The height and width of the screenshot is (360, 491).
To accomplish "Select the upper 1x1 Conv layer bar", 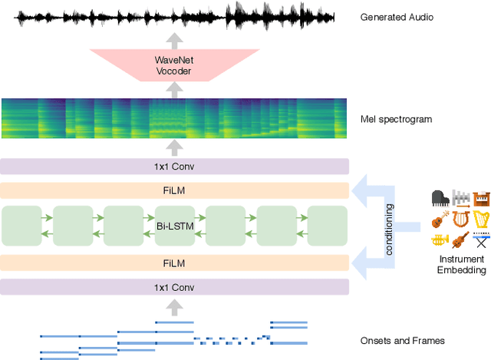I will tap(174, 167).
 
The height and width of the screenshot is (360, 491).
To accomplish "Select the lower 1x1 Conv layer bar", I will tap(174, 287).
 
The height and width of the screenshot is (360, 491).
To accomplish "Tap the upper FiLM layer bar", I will tap(174, 190).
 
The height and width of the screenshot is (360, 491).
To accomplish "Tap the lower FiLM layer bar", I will tap(174, 263).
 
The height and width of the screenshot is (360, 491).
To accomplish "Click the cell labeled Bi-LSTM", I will tap(174, 226).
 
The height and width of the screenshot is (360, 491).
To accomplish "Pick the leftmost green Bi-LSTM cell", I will tap(22, 226).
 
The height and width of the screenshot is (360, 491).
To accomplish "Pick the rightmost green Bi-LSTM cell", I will tap(328, 226).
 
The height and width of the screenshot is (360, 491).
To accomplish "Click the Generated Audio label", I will tap(397, 15).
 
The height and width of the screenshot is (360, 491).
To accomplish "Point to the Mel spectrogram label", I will tap(395, 119).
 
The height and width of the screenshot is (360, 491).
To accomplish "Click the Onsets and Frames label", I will tap(402, 341).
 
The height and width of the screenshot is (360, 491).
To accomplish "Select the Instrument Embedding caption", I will tap(461, 265).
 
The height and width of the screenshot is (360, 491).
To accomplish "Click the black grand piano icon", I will tap(440, 198).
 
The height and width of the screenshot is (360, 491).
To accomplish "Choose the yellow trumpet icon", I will tap(440, 241).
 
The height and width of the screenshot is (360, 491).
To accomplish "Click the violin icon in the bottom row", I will tap(460, 241).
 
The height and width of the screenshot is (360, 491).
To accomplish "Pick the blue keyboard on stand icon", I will tap(481, 241).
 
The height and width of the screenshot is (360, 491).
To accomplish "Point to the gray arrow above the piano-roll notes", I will tap(174, 307).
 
